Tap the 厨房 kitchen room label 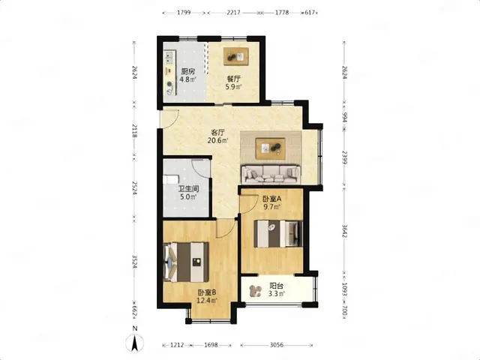point(188,72)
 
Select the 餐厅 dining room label point(234,79)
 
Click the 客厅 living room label point(218,133)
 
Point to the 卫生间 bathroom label point(188,189)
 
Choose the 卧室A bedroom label point(272,199)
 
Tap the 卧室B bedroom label point(207,292)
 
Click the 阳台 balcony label point(277,286)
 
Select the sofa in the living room point(271,175)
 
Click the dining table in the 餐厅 point(236,56)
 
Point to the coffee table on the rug point(271,148)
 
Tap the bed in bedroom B point(186,262)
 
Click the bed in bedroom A point(278,233)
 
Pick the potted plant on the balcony point(255,291)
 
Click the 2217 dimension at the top point(233,13)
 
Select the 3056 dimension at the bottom point(277,345)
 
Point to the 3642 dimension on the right point(344,231)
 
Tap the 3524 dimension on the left point(134,262)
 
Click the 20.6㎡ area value point(218,140)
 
